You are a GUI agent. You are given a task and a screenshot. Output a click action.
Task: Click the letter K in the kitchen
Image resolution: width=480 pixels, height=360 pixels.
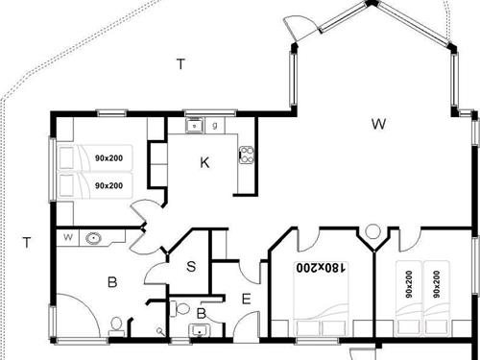(x=204, y=163)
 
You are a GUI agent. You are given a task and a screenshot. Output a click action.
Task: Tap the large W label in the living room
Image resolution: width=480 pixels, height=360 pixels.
(x=379, y=124)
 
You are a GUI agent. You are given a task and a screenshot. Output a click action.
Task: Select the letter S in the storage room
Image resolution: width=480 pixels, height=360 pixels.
(x=191, y=266)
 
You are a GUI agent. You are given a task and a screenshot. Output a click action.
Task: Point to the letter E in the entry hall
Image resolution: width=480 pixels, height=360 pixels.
(x=246, y=300)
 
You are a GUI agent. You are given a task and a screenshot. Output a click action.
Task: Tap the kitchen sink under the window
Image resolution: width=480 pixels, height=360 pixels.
(x=195, y=125)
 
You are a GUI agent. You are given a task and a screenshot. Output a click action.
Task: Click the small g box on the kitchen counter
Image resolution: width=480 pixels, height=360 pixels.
(x=214, y=125)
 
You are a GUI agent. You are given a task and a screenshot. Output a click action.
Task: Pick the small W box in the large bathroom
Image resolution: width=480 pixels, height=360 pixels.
(x=68, y=236)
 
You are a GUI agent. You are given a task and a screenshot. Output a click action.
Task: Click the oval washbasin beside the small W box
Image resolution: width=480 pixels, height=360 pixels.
(x=94, y=238)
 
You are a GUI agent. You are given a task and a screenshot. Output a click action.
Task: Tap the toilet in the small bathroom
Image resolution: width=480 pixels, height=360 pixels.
(x=182, y=309)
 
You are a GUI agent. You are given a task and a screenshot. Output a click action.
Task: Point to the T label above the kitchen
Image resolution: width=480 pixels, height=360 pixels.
(x=180, y=64)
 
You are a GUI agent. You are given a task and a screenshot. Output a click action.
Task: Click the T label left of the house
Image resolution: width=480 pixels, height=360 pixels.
(x=27, y=243)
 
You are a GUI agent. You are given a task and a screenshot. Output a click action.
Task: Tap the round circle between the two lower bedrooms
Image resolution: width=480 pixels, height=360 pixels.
(x=372, y=230)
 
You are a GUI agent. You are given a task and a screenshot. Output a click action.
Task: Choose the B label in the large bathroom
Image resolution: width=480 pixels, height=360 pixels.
(x=112, y=282)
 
